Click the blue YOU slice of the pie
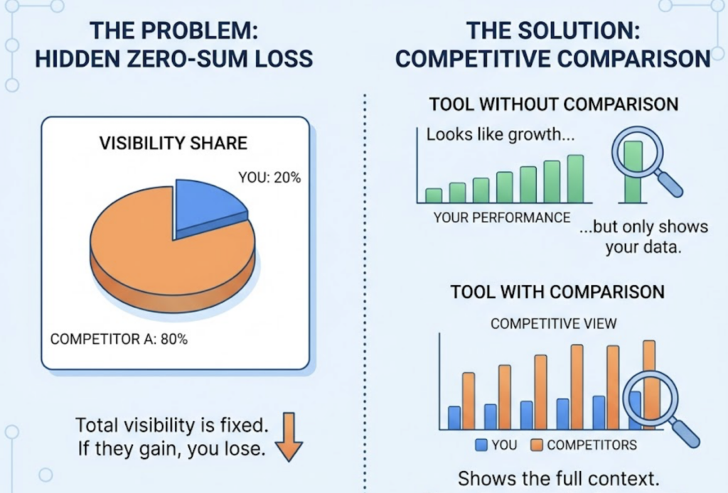pyautogui.click(x=207, y=207)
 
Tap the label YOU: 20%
pyautogui.click(x=269, y=177)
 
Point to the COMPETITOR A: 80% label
pyautogui.click(x=119, y=340)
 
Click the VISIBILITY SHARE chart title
pyautogui.click(x=173, y=143)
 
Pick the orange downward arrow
pyautogui.click(x=289, y=437)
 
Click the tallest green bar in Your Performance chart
pyautogui.click(x=575, y=179)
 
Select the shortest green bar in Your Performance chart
pyautogui.click(x=434, y=196)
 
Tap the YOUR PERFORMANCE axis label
pyautogui.click(x=502, y=217)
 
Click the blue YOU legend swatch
pyautogui.click(x=481, y=445)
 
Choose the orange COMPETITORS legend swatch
pyautogui.click(x=537, y=445)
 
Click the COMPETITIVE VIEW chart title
pyautogui.click(x=553, y=324)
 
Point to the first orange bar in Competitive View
pyautogui.click(x=469, y=401)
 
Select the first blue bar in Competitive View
pyautogui.click(x=454, y=418)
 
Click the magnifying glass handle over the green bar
pyautogui.click(x=670, y=184)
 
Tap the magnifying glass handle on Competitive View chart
pyautogui.click(x=685, y=433)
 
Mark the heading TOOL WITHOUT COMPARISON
pyautogui.click(x=553, y=104)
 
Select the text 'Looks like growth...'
pyautogui.click(x=500, y=135)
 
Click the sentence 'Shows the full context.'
pyautogui.click(x=559, y=479)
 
